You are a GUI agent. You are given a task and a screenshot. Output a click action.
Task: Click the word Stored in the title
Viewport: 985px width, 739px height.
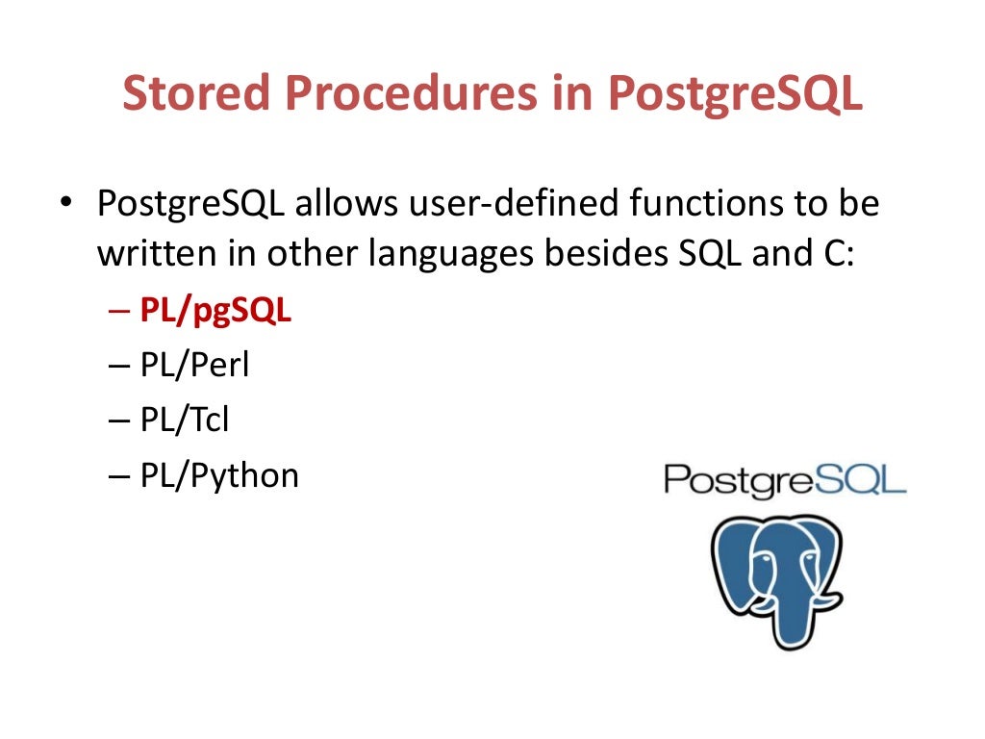(200, 93)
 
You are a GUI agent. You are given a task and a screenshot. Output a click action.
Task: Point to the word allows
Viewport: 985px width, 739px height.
(348, 205)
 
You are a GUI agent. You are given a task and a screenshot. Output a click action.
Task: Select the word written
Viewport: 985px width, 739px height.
(158, 254)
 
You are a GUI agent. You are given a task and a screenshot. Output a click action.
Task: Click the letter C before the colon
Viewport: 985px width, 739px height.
(833, 254)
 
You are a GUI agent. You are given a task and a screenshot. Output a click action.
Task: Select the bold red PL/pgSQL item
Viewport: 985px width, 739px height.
(215, 312)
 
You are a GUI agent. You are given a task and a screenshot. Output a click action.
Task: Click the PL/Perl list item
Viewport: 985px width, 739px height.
(194, 366)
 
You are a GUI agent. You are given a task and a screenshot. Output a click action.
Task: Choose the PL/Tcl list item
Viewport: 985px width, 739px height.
(185, 420)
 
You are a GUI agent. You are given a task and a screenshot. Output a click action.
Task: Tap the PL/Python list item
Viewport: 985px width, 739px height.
(219, 475)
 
